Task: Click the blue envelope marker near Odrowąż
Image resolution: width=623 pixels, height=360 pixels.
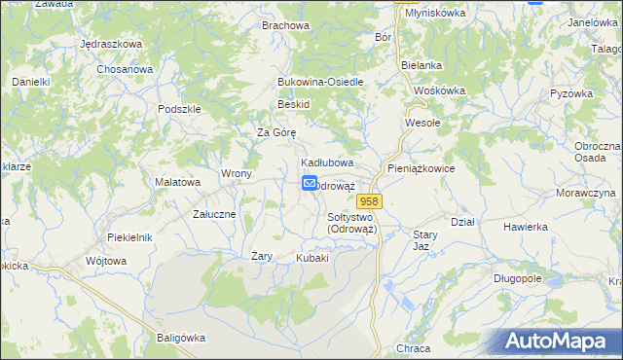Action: [x=310, y=183]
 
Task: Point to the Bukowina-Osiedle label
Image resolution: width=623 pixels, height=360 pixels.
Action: [x=320, y=82]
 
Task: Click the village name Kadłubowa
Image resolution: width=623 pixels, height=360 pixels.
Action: [x=326, y=162]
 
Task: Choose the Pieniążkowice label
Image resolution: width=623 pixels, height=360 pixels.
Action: [x=421, y=168]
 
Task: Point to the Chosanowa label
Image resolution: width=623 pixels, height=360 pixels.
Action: [x=125, y=70]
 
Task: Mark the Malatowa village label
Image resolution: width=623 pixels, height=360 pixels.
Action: [x=178, y=181]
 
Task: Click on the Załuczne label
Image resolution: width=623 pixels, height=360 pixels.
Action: [x=214, y=213]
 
